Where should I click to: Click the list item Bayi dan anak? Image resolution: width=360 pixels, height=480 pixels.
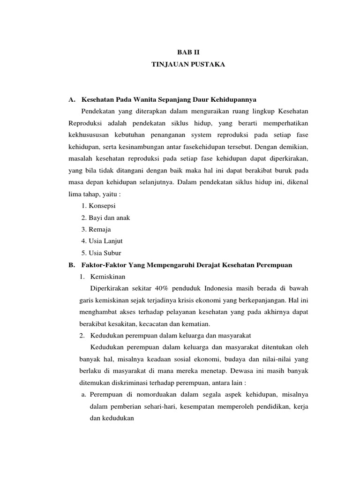[x=105, y=217]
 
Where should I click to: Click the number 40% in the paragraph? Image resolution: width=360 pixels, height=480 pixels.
[x=152, y=287]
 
